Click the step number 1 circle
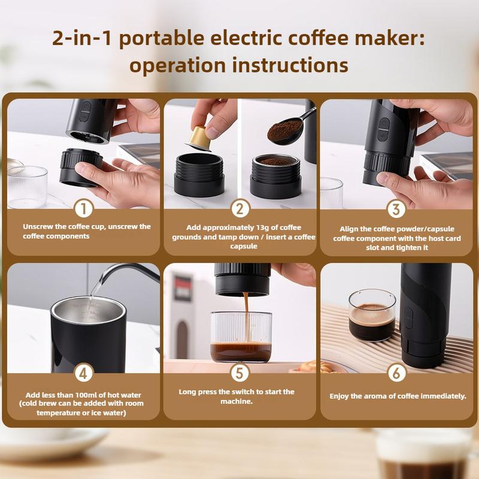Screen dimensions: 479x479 tap(84, 209)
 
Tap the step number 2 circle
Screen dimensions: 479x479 tap(239, 209)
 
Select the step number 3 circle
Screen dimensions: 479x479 tap(396, 209)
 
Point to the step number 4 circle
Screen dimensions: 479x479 tap(84, 374)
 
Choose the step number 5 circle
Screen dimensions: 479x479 tap(239, 374)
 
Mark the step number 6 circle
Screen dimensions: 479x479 tap(396, 374)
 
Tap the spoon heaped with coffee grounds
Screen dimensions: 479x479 tap(286, 131)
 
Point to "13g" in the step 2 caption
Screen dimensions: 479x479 tap(245, 228)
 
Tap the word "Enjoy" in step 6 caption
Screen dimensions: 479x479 tap(341, 396)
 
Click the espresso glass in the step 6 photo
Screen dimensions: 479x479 tap(371, 315)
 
